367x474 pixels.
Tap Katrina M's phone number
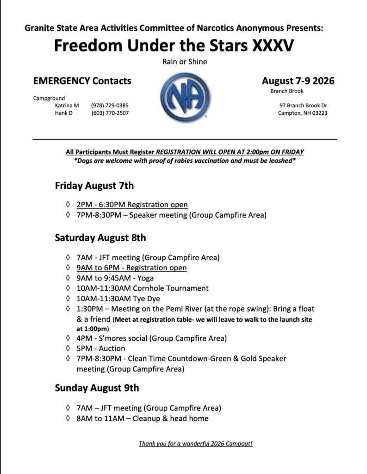pos(110,106)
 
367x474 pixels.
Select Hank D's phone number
pos(110,113)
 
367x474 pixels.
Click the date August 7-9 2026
pos(298,81)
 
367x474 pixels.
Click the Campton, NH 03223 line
pos(303,113)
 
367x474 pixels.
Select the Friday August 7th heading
pos(94,186)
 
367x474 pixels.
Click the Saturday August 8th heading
pos(100,238)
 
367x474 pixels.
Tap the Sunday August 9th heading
pos(97,388)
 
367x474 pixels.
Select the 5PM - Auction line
pos(101,348)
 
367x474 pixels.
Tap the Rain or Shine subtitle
pos(184,62)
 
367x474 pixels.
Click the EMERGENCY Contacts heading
pos(82,81)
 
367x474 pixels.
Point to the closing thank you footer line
pos(195,443)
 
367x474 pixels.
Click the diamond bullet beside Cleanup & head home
pos(68,418)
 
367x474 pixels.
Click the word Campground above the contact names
pos(49,98)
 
